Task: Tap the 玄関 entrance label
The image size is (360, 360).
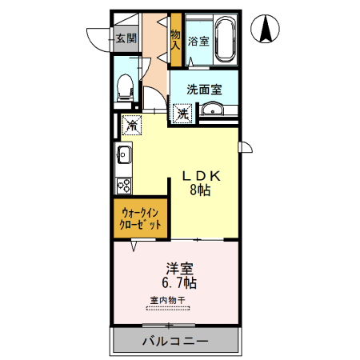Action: [125, 38]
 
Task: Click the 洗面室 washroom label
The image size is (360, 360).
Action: [204, 90]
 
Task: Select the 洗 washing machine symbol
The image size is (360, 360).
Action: [183, 114]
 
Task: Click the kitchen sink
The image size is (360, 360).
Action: [125, 154]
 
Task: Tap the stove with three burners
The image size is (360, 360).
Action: [125, 186]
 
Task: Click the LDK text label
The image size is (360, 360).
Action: [204, 176]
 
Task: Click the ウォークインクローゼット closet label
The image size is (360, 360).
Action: [141, 218]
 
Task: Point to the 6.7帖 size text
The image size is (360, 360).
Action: [177, 283]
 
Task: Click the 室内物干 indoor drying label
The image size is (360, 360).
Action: [168, 300]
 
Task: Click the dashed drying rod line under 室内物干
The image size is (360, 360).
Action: [168, 307]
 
